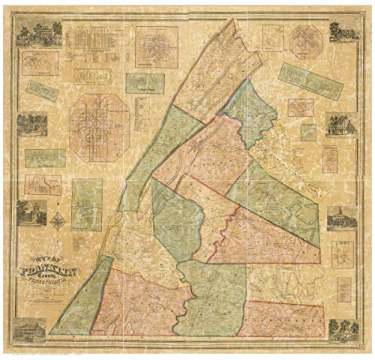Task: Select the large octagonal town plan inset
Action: pos(98,128)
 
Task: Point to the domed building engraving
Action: pos(340,217)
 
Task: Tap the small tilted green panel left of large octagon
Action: pos(42,90)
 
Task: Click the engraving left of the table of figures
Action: pos(34,34)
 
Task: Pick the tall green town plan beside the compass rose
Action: pos(87,204)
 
